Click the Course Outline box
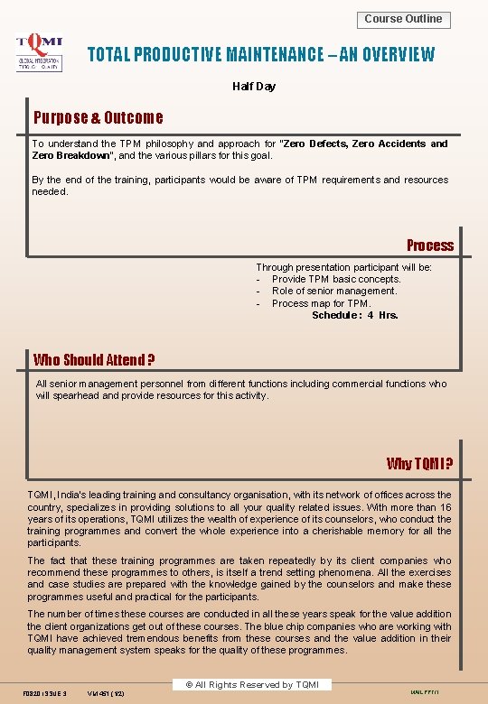[x=404, y=19]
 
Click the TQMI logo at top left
[x=39, y=52]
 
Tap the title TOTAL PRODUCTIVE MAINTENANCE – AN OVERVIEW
[x=260, y=55]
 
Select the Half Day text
[x=254, y=87]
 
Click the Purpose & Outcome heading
[x=99, y=117]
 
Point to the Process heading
[x=430, y=245]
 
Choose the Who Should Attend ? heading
[x=94, y=360]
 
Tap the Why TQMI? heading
[x=419, y=464]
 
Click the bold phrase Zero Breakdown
[x=70, y=155]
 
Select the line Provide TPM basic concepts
[x=336, y=279]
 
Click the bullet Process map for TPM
[x=321, y=303]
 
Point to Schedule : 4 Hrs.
[x=355, y=315]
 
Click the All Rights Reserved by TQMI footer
[x=247, y=685]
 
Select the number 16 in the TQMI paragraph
[x=446, y=507]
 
